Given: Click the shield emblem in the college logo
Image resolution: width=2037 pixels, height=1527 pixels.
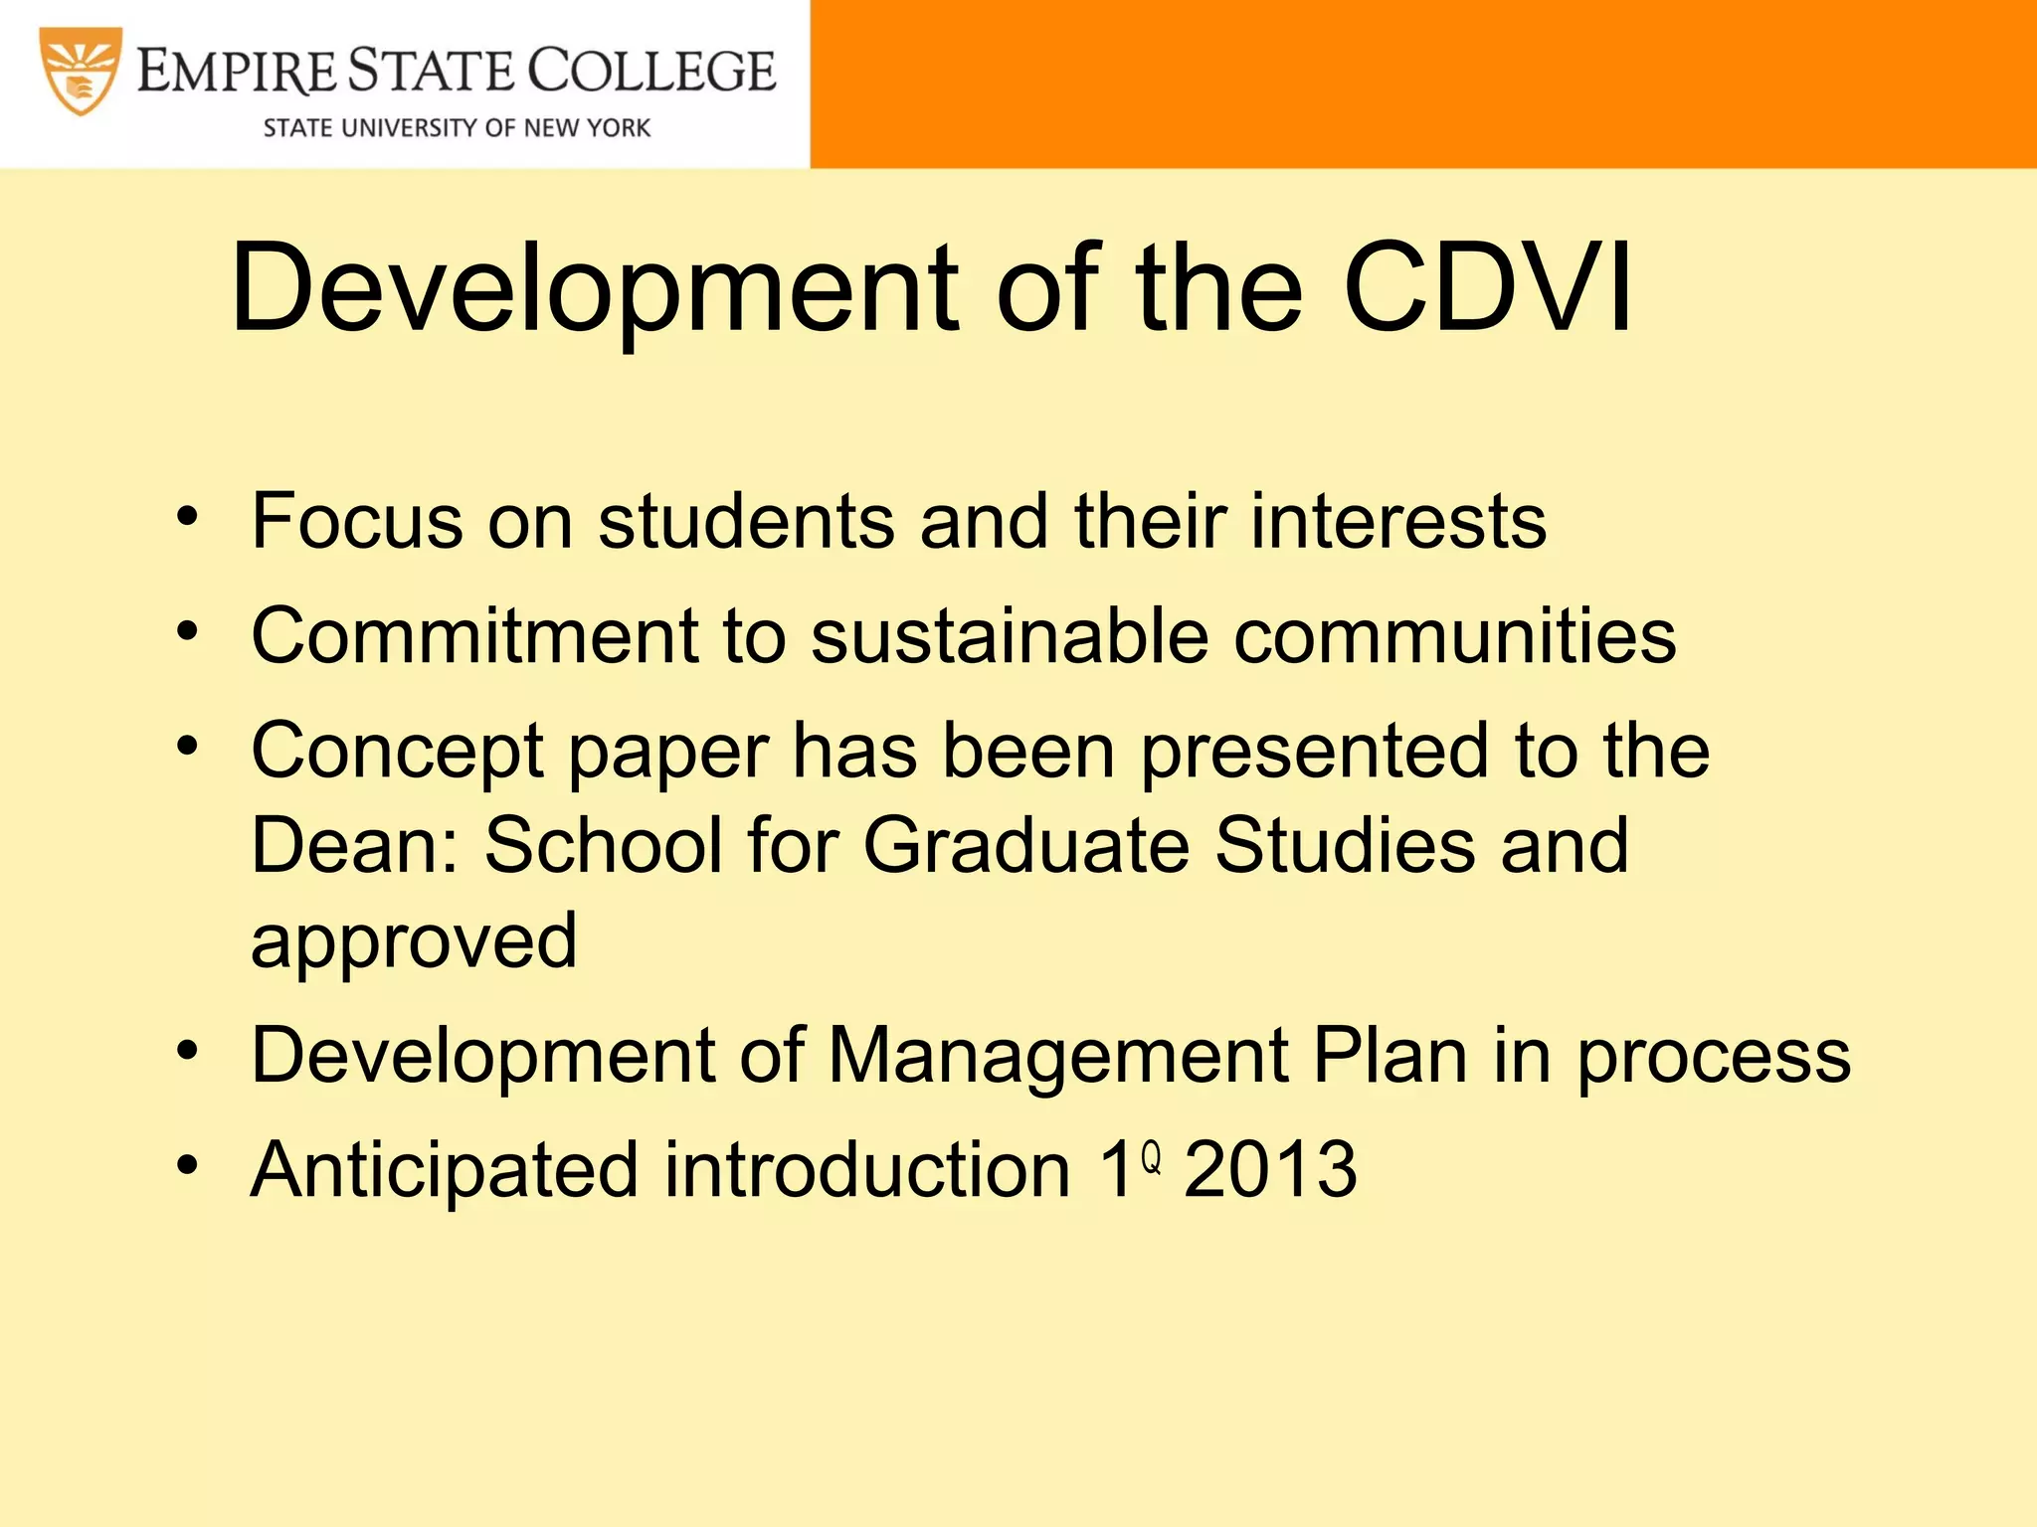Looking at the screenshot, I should (81, 72).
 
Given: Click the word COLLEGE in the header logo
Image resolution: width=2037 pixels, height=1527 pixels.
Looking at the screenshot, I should (651, 72).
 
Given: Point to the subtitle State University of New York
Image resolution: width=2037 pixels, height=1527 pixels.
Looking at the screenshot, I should (457, 128).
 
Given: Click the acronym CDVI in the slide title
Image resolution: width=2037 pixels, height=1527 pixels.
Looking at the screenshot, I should (1488, 288).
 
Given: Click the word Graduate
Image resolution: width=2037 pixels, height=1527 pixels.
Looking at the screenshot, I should (1025, 846).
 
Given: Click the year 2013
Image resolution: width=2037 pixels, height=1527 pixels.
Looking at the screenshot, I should (1270, 1169).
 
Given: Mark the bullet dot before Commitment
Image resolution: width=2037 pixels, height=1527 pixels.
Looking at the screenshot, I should (188, 631).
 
